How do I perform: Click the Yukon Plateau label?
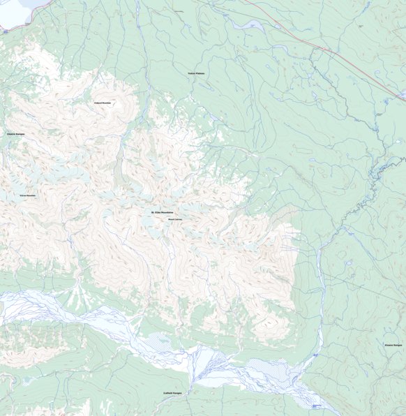click(x=195, y=73)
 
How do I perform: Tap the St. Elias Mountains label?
click(x=162, y=212)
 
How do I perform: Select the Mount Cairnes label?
click(x=174, y=218)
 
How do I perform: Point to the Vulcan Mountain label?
click(x=28, y=195)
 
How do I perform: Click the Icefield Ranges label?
click(x=172, y=394)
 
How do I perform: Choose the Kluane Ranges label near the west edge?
click(x=15, y=133)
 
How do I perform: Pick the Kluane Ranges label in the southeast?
click(x=393, y=345)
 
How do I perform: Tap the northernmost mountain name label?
click(x=103, y=103)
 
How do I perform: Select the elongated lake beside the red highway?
click(x=250, y=25)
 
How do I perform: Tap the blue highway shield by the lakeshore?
click(x=4, y=30)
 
